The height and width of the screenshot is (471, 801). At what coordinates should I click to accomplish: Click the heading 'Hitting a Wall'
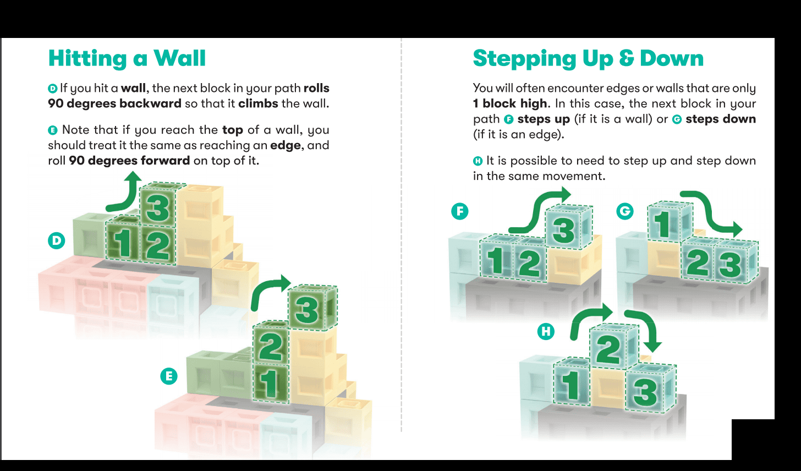coord(127,58)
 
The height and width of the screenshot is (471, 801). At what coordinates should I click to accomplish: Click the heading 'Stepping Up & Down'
coord(588,58)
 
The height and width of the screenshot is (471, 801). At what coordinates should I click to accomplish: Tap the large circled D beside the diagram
coord(57,240)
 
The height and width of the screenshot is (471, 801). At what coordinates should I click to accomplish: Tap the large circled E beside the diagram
coord(169,376)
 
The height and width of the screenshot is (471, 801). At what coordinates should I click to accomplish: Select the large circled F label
coord(460,211)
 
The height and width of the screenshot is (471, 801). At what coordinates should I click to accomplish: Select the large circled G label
coord(625,211)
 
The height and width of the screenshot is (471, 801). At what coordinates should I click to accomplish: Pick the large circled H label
coord(546,332)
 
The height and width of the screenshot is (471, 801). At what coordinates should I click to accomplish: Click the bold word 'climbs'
coord(258,103)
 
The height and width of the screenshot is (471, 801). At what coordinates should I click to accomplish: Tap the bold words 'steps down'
coord(721,119)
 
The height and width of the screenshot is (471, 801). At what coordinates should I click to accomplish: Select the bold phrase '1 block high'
coord(510,103)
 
